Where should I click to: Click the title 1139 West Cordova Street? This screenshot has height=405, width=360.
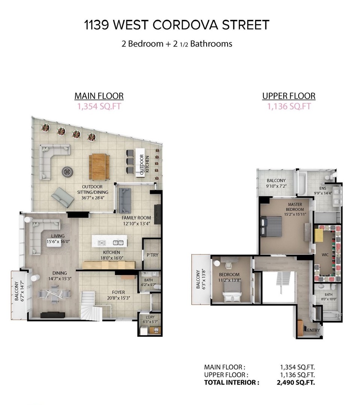[177, 25]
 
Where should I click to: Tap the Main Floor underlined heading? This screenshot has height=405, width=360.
[99, 96]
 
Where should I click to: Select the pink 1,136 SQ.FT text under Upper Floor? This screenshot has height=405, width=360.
[289, 106]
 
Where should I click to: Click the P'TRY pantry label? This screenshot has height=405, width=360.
[152, 255]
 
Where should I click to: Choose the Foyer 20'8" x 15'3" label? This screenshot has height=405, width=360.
[118, 295]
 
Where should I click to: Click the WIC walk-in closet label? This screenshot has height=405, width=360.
[325, 255]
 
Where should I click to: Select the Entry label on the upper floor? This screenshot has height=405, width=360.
[313, 330]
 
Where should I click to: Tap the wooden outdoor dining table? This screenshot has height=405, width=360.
[99, 167]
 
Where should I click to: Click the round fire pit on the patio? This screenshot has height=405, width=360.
[67, 171]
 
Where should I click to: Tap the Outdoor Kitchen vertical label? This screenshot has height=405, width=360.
[144, 164]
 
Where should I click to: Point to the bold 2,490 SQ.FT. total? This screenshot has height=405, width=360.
[295, 383]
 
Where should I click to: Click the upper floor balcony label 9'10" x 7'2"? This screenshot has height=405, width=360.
[276, 183]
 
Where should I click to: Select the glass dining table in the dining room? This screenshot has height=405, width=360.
[55, 294]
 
